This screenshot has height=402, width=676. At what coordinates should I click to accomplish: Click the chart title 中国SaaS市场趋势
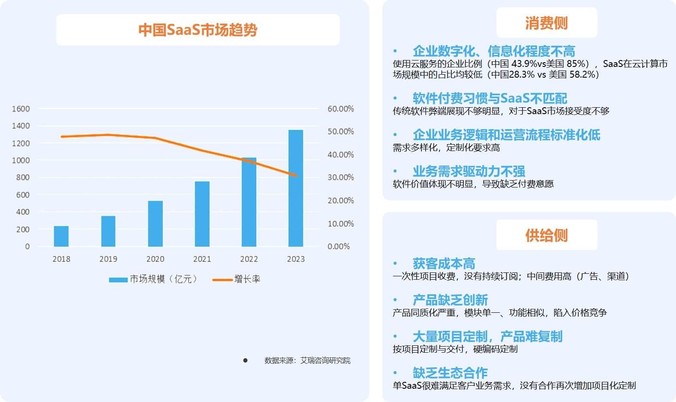point(198,30)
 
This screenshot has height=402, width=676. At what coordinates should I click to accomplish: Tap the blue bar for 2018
point(61,236)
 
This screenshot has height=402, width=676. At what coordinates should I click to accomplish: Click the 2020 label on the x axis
point(155,259)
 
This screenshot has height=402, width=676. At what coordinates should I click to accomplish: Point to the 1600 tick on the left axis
point(21,109)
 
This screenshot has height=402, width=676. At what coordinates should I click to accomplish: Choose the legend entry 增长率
point(236,279)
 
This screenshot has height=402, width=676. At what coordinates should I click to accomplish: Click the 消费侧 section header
point(547,23)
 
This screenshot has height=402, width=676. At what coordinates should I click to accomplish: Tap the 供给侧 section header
point(547,235)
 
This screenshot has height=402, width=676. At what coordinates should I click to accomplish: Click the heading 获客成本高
point(444,263)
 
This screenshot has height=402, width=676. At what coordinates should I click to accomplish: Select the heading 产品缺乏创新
point(450,300)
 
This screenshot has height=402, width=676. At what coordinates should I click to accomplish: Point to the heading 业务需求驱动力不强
point(469,171)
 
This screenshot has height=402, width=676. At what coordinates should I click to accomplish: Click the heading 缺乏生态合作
point(450,372)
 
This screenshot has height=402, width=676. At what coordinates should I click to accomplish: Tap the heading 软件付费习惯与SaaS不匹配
point(490,98)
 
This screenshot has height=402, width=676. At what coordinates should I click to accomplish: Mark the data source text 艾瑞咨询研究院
point(325,360)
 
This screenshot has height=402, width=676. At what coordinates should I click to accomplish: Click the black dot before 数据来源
point(245,360)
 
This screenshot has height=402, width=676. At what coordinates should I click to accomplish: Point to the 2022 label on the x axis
point(249,259)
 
